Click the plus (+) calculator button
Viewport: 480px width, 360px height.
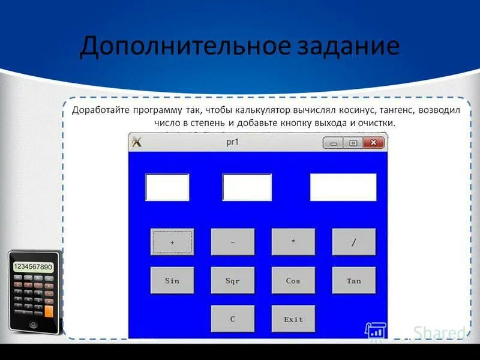(x=172, y=242)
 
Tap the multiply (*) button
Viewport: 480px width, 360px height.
(x=293, y=242)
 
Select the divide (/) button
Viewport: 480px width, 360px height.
(x=354, y=242)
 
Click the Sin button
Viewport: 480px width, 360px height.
(x=172, y=280)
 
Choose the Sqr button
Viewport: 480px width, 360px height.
(x=233, y=280)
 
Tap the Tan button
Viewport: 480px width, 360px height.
(x=354, y=280)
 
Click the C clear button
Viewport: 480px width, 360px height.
(x=233, y=319)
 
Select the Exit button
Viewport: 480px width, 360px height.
(x=293, y=319)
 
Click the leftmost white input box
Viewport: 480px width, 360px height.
(x=167, y=187)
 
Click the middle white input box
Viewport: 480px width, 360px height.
(x=247, y=187)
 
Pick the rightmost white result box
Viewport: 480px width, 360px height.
(x=343, y=187)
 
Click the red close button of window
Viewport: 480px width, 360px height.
(x=373, y=143)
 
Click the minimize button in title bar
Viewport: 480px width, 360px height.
(x=333, y=143)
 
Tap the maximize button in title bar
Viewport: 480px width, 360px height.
(x=353, y=143)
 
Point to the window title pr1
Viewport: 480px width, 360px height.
(x=233, y=142)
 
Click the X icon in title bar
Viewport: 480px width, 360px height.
(x=136, y=142)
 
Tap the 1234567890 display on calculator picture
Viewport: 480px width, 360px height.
(x=33, y=266)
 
